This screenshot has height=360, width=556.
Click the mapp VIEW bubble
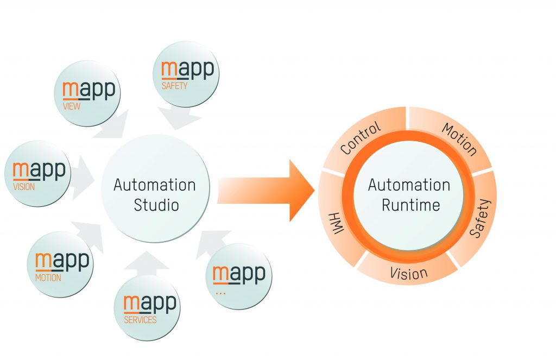click(87, 93)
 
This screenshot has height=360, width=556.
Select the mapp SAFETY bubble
click(187, 74)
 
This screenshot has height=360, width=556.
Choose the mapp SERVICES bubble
click(147, 307)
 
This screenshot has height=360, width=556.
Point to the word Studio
click(155, 206)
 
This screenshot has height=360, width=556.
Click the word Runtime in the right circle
click(410, 205)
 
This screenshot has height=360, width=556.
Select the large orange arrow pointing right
click(266, 191)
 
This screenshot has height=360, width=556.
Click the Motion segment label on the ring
click(459, 140)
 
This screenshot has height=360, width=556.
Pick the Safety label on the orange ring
click(479, 218)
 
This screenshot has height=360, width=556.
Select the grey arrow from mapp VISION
click(82, 172)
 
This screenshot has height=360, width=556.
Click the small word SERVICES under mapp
click(140, 320)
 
